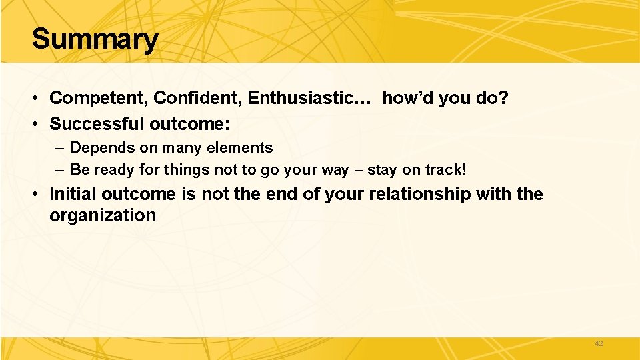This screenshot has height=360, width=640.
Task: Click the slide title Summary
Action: tap(95, 39)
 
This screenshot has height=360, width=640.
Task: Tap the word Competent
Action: tap(99, 98)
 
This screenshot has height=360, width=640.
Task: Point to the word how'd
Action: tap(406, 98)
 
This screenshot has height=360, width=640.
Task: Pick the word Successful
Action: tap(97, 124)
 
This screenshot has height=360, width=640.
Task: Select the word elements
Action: tap(241, 148)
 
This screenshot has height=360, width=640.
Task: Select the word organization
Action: tap(103, 215)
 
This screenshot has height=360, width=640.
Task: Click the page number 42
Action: tap(598, 343)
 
